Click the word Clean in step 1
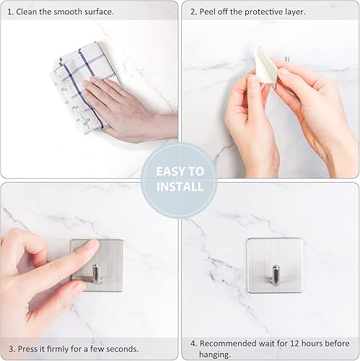(27, 12)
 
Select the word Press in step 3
(27, 348)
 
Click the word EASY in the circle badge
(170, 172)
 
